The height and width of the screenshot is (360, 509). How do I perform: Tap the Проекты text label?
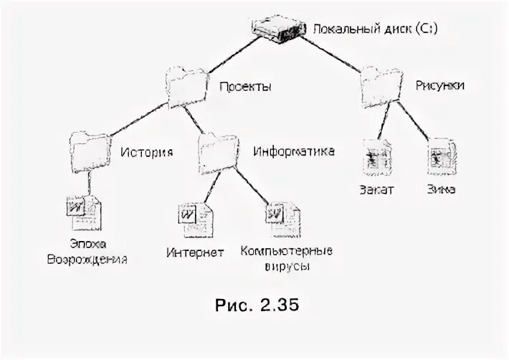(x=245, y=87)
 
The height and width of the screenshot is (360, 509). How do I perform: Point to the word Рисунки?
(x=439, y=85)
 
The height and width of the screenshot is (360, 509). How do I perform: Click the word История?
(x=146, y=152)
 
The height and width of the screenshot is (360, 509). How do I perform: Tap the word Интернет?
(x=196, y=252)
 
